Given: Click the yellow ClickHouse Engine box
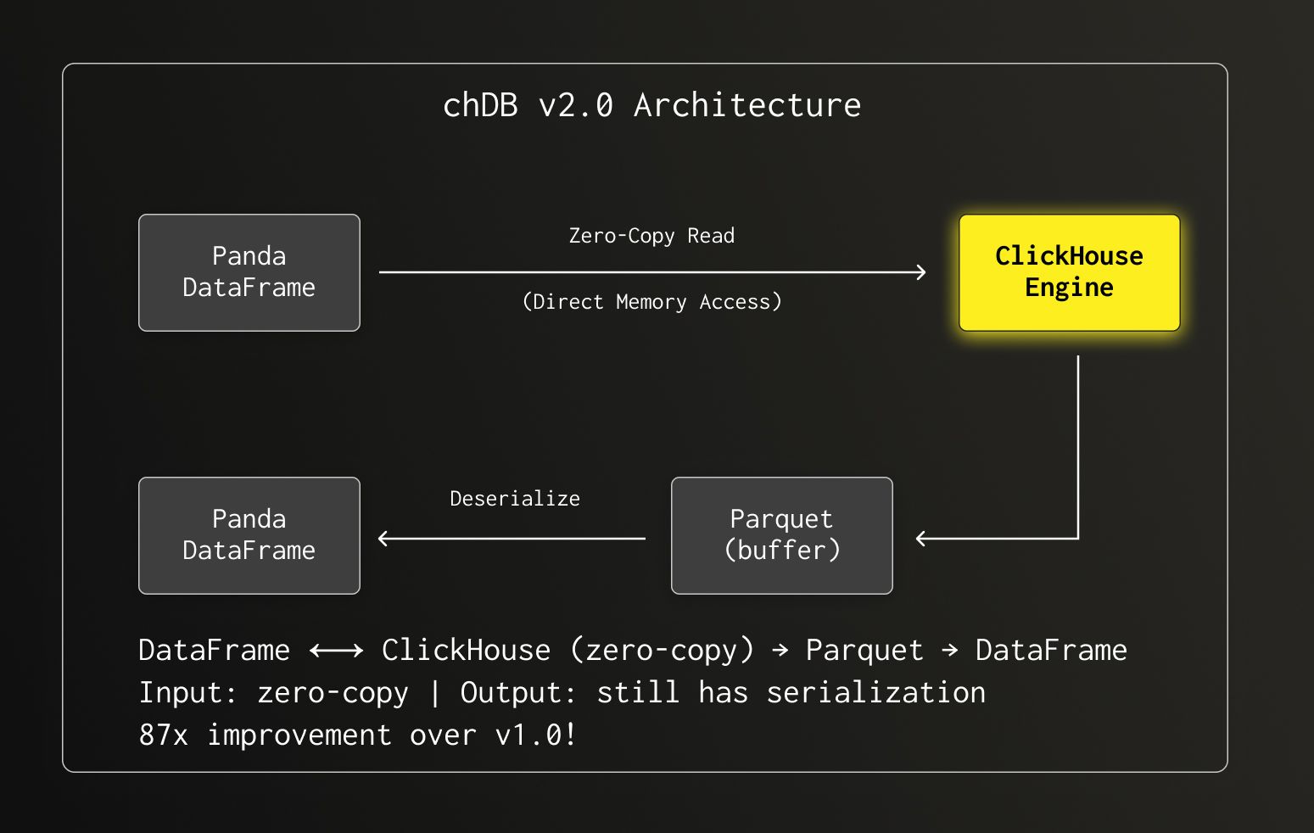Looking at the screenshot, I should point(1069,272).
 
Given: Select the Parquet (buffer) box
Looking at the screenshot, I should point(781,535).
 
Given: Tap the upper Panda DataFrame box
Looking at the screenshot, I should point(249,272).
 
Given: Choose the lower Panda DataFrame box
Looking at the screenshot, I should point(249,535).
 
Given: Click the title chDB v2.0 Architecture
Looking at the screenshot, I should point(651,105).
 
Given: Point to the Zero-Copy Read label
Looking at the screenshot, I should point(651,236).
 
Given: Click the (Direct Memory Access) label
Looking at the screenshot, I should point(651,302).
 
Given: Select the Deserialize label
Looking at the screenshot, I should point(514,499).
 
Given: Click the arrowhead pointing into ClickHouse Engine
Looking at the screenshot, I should point(921,272).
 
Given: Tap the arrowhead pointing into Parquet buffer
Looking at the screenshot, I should point(921,538).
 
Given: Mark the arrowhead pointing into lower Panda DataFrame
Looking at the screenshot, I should point(383,538).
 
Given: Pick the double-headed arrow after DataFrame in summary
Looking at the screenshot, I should point(336,651).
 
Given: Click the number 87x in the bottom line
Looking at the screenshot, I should point(163,735).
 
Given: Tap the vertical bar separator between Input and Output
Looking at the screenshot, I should point(434,693).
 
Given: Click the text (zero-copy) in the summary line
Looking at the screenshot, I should point(662,651).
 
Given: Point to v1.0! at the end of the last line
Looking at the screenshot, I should point(535,735).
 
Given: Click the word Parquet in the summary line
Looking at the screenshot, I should point(864,651).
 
